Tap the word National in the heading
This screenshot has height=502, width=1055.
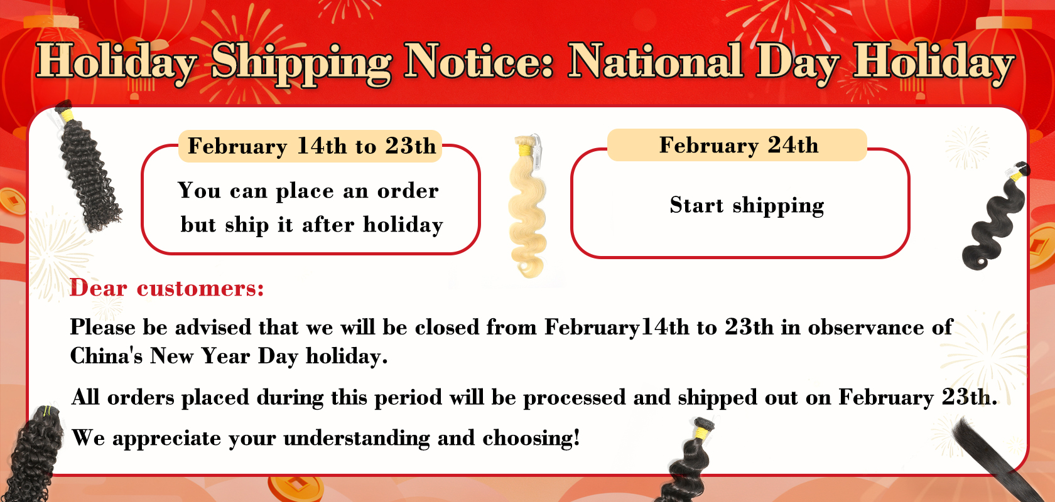656,61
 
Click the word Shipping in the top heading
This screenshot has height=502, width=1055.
301,65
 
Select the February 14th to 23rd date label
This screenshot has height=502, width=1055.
310,146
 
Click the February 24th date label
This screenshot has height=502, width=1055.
737,145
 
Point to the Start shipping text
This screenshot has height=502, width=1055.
747,206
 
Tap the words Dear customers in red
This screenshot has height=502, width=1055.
167,288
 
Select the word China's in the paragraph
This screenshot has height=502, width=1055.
106,356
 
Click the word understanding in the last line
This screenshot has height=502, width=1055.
357,439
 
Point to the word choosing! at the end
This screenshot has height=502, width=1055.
531,439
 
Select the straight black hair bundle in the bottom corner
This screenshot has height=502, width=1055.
995,461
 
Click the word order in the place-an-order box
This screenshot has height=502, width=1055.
408,191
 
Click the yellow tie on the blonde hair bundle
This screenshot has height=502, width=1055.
524,150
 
